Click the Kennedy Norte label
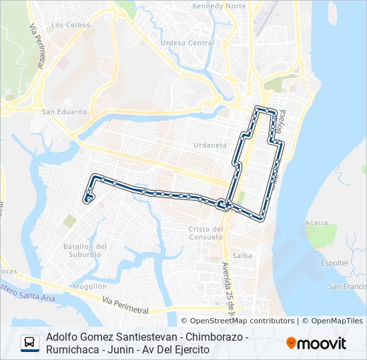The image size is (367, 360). tap(218, 6)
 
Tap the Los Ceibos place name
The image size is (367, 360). tap(66, 25)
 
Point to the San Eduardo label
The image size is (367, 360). tap(64, 112)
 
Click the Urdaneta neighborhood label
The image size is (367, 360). tap(210, 145)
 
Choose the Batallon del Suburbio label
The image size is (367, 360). tap(85, 249)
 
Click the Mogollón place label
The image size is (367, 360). tap(90, 286)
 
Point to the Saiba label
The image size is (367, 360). tap(242, 255)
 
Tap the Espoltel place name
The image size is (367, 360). tap(334, 263)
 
